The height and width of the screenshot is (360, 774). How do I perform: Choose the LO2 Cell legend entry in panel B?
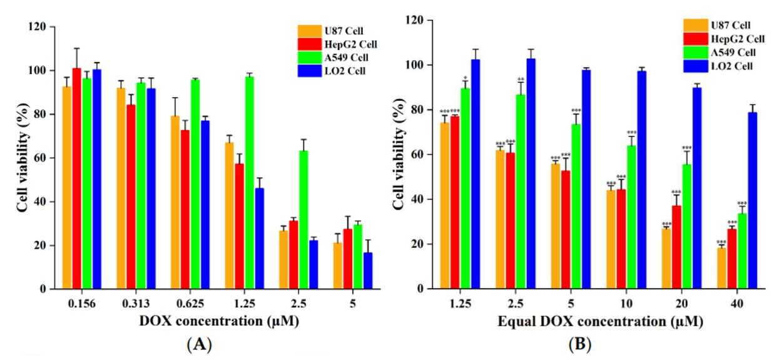[x=720, y=64]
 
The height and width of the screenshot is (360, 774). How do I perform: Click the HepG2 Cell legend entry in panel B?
[x=720, y=39]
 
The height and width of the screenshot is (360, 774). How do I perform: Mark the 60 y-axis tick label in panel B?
[x=429, y=155]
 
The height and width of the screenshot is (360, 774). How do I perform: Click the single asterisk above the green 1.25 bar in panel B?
[x=465, y=79]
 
